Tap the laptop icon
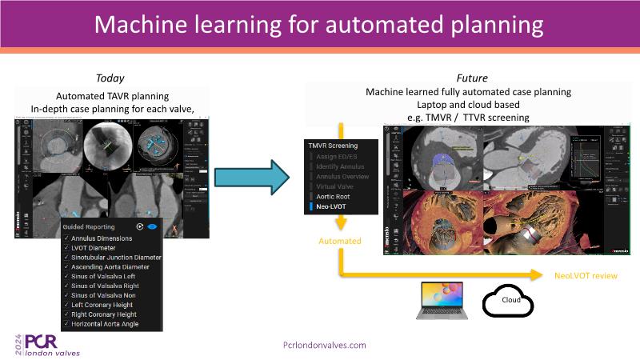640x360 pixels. coord(441,301)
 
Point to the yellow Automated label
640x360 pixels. coord(340,241)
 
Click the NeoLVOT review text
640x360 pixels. coord(586,275)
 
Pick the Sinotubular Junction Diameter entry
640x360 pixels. coord(116,258)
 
